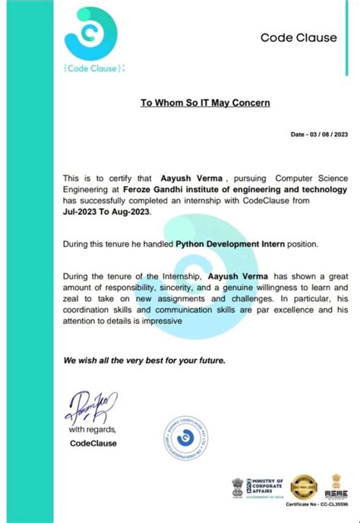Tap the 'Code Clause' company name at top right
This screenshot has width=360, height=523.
(x=292, y=38)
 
